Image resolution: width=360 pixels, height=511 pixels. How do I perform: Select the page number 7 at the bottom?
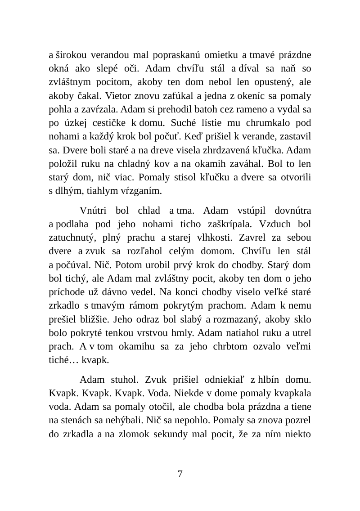[x=180, y=474]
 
